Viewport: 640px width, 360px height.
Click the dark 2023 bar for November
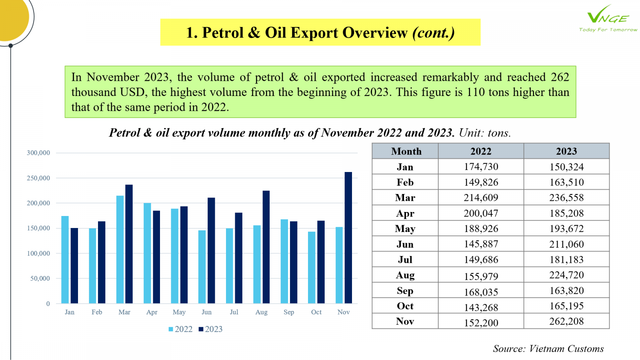click(348, 238)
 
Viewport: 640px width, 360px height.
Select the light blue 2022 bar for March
click(120, 250)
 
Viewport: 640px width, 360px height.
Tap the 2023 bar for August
click(266, 247)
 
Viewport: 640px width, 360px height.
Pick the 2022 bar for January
click(65, 260)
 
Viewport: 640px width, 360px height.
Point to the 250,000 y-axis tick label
click(38, 178)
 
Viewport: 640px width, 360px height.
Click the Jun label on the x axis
click(206, 312)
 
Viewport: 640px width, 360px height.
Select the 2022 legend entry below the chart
click(180, 329)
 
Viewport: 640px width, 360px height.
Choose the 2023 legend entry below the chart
click(210, 329)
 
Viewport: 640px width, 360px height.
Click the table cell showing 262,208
click(566, 322)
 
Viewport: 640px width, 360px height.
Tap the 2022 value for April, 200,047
click(481, 213)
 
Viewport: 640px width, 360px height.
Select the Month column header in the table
click(406, 151)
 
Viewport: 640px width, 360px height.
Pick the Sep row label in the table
click(405, 290)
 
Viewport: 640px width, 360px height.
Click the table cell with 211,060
click(566, 244)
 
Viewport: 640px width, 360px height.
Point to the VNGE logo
click(608, 18)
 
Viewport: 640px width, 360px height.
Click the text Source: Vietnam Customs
click(548, 348)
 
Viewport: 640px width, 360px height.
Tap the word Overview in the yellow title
click(375, 32)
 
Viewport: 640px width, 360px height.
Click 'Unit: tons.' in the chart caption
click(485, 133)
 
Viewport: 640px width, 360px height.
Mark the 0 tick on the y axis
click(48, 304)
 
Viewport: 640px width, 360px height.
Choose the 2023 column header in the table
click(566, 151)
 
